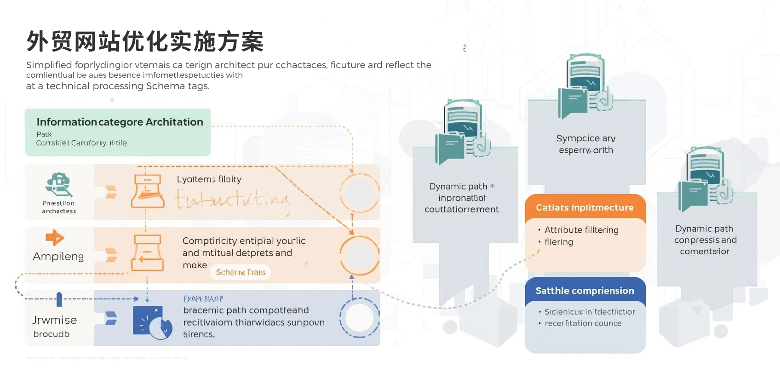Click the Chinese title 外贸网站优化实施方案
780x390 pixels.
point(145,41)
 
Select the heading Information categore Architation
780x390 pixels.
point(120,122)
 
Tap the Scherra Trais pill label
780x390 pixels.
point(241,272)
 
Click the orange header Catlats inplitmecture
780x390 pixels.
point(585,208)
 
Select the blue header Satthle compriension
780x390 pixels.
point(585,291)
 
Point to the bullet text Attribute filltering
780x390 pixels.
point(581,230)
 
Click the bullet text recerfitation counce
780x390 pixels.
point(583,323)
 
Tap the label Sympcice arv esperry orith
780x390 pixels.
point(585,144)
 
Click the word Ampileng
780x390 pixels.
point(58,257)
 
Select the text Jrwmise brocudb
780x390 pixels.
point(54,327)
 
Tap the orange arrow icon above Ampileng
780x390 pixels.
point(55,238)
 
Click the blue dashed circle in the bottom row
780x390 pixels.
point(359,318)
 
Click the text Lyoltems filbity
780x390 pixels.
point(209,179)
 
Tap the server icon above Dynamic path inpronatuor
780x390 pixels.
point(462,131)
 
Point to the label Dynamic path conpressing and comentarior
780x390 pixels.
point(705,240)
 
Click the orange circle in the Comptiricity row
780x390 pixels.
point(359,255)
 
